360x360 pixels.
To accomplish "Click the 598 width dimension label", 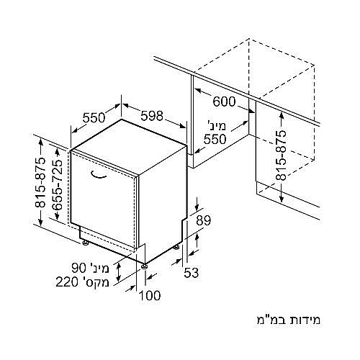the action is click(152, 116).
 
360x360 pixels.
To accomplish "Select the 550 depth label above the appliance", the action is click(94, 117).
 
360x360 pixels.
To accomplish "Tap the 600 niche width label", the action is click(224, 102).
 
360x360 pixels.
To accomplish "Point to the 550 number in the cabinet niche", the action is click(215, 139).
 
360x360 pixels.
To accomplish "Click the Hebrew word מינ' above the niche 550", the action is click(217, 125).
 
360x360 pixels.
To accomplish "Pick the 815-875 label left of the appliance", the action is click(40, 182).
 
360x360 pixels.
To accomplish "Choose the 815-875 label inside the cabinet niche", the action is click(281, 156).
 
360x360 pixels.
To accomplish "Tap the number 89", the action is click(203, 220).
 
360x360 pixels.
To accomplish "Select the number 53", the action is click(192, 273).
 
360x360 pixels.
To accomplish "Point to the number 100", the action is click(150, 295).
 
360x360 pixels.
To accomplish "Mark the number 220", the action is click(67, 282).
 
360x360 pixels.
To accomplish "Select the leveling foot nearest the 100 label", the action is click(144, 266).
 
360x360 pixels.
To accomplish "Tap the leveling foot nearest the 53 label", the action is click(176, 246).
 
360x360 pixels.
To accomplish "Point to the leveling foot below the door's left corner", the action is click(85, 243).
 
